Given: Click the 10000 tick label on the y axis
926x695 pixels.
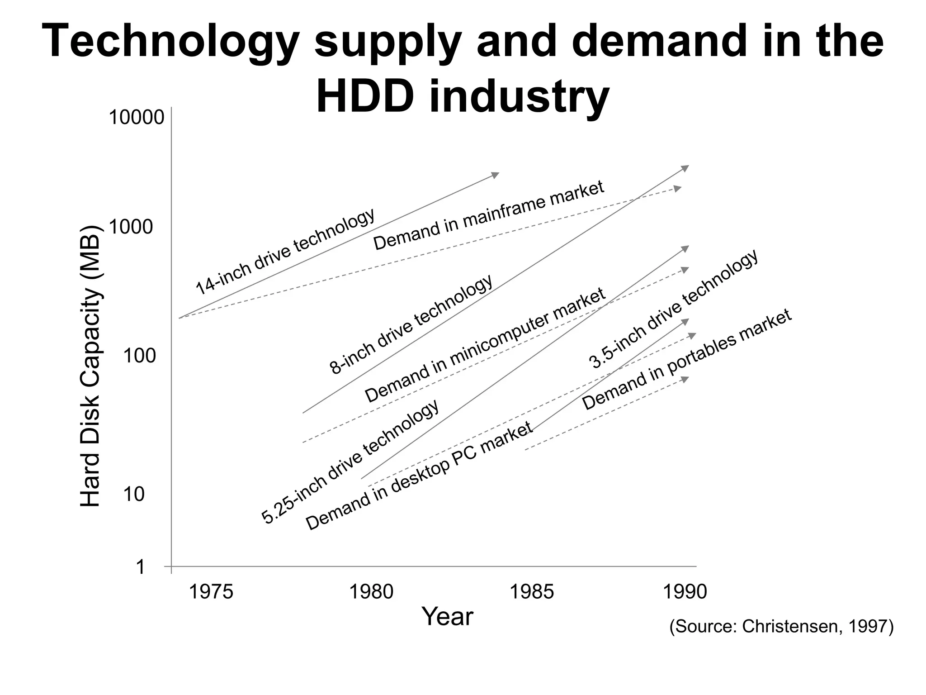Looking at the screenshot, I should point(136,118).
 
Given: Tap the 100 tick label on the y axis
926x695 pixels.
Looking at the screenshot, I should point(139,357).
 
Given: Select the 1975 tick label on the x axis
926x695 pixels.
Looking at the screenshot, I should point(211,592).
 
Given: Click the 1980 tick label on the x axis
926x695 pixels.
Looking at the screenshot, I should point(372,592).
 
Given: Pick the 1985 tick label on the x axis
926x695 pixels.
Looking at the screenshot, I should point(532,592).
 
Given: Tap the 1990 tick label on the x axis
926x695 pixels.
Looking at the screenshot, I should point(685,592).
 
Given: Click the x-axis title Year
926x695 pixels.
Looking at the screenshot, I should point(447,617).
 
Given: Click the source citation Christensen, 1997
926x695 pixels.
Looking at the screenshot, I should point(781,627).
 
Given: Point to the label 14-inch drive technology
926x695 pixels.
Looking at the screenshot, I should point(285,251).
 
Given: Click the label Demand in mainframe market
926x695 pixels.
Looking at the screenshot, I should point(489,215).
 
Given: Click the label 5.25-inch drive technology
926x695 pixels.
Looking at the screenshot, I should point(350,462).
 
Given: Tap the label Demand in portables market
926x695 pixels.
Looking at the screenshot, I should point(687,359).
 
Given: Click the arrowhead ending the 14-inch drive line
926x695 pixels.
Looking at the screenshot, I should point(496,175).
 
